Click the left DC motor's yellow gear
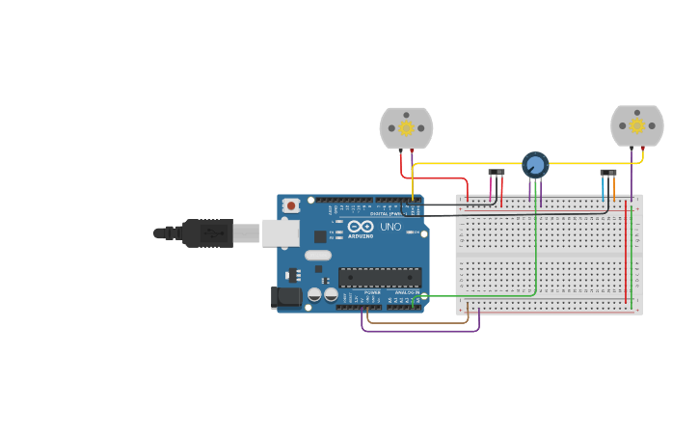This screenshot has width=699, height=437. pos(406,128)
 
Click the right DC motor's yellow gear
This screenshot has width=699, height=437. pos(636,125)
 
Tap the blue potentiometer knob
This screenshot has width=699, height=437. pos(535,165)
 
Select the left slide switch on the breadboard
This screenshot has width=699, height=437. pos(496,173)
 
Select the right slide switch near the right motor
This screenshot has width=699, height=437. pos(607,173)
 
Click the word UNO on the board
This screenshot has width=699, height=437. pos(390,227)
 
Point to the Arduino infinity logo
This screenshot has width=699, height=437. pos(361,227)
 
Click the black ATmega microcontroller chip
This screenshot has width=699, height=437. pos(379,277)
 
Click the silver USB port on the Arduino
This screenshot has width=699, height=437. pos(280,232)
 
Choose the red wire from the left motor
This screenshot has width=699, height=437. pos(434,178)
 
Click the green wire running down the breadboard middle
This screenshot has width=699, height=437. pos(536,251)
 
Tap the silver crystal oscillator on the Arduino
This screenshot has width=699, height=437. pos(317,256)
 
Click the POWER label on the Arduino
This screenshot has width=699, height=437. pos(372,292)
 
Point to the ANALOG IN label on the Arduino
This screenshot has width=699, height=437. pos(407,292)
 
